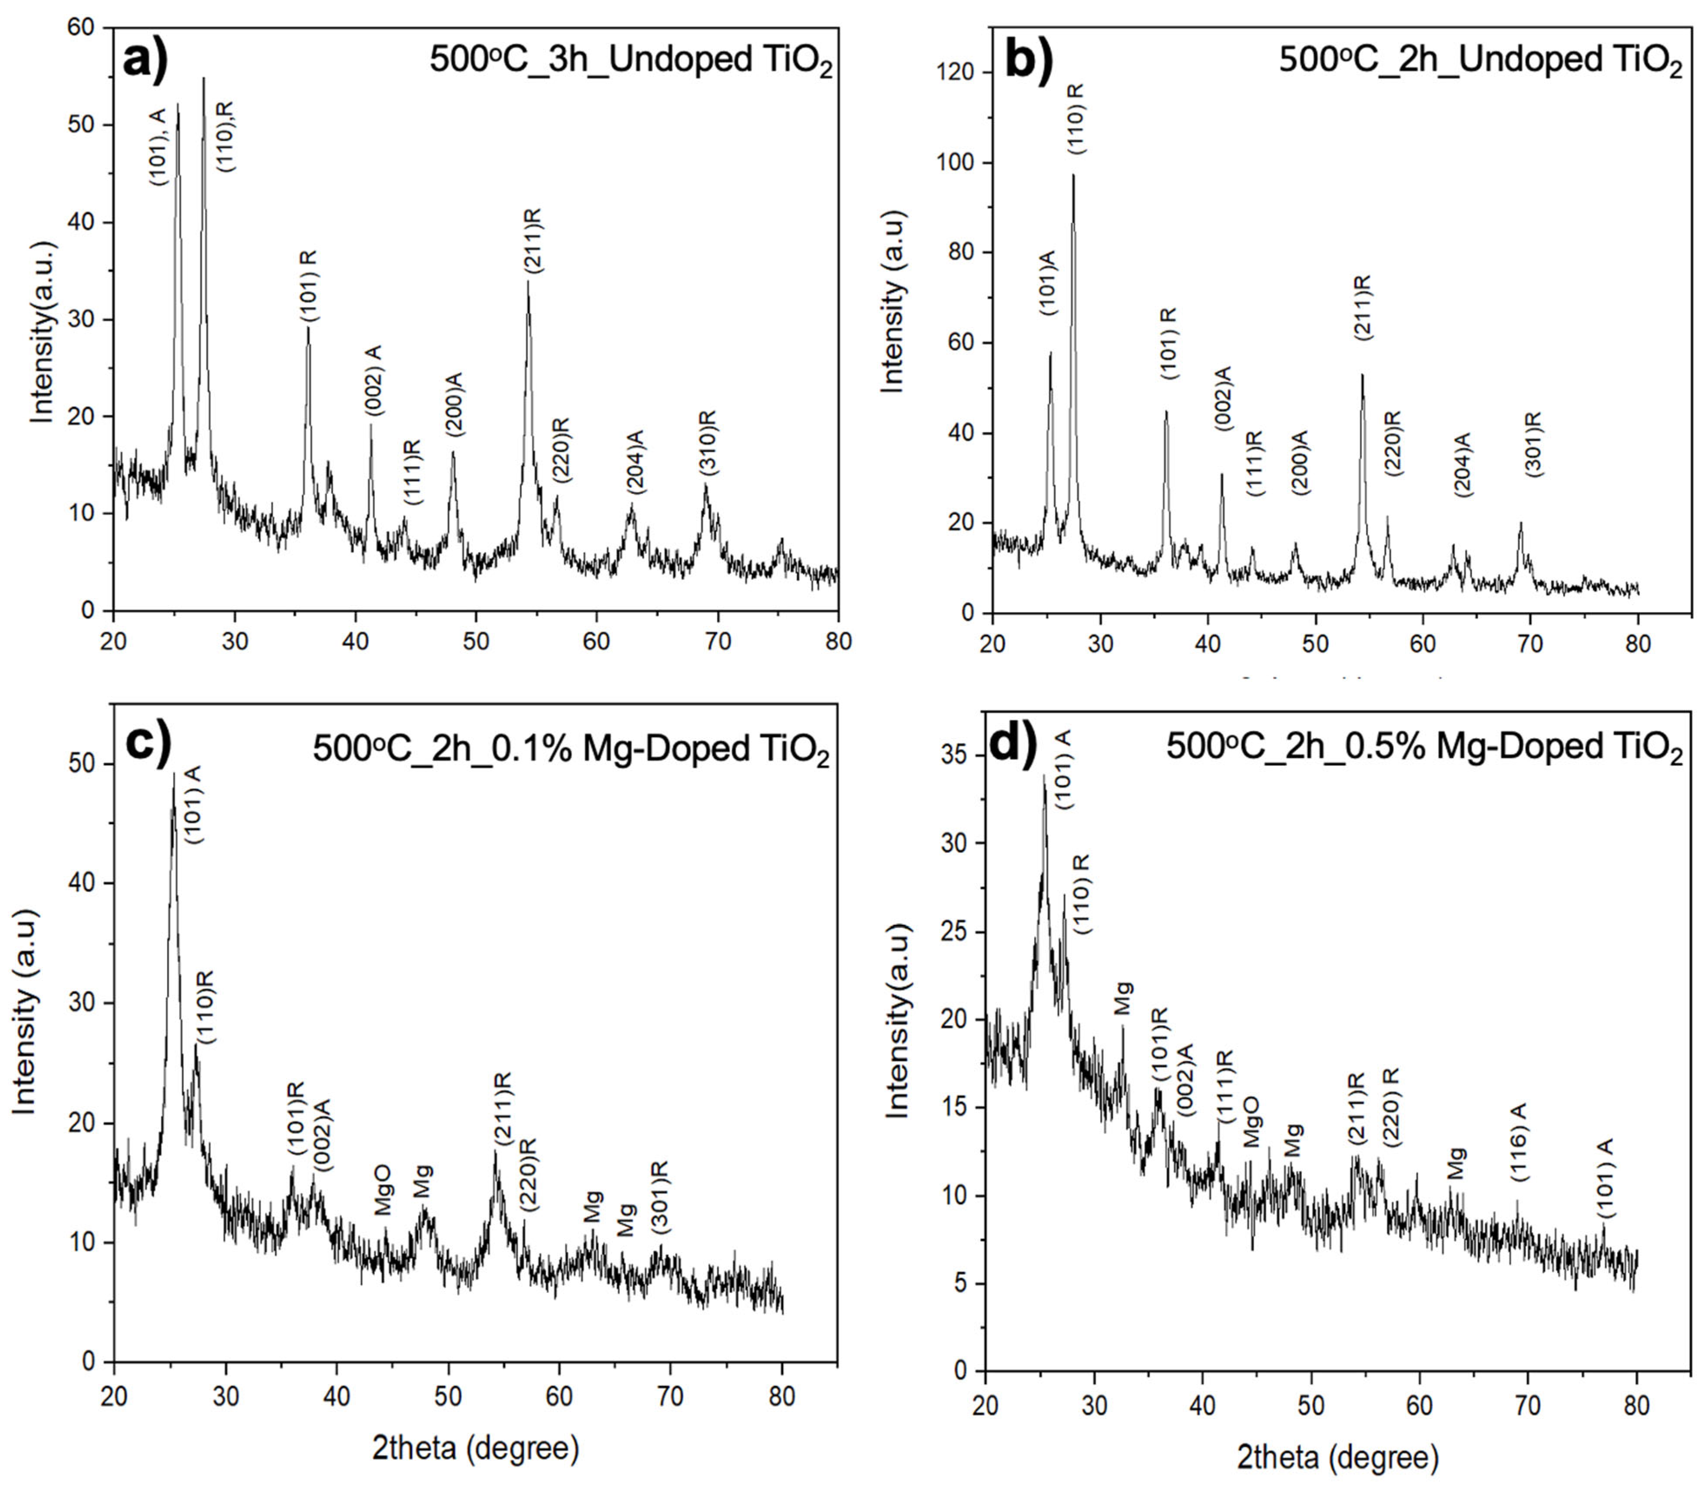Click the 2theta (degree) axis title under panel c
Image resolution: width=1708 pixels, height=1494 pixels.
coord(475,1448)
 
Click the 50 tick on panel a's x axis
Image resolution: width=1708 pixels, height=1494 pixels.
coord(476,642)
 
